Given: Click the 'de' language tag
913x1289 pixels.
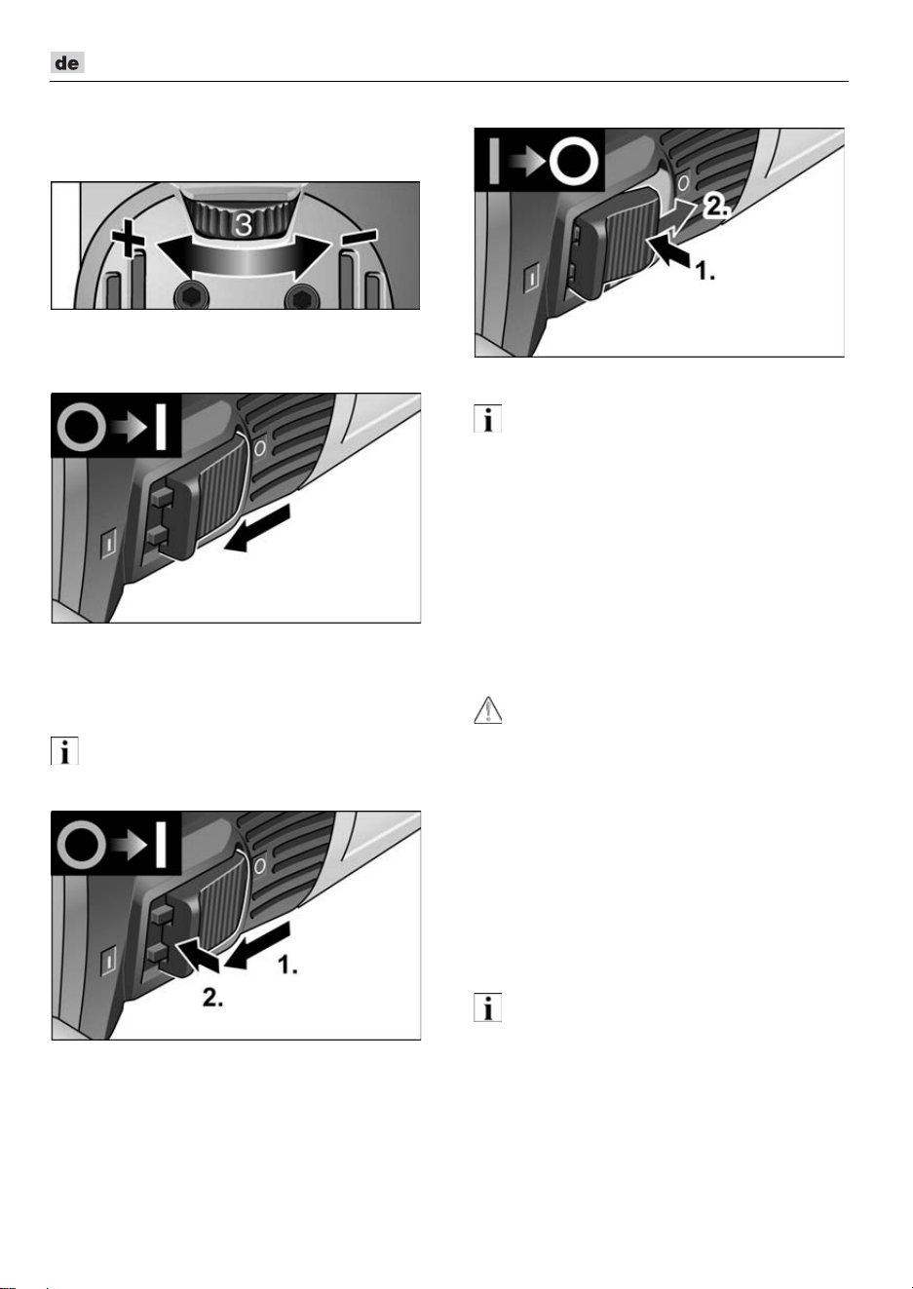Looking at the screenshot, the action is click(x=67, y=62).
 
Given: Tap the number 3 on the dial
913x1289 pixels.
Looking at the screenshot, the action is click(x=244, y=226).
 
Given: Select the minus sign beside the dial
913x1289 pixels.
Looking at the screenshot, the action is click(x=360, y=237).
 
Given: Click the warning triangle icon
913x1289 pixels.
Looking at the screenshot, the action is click(x=487, y=709).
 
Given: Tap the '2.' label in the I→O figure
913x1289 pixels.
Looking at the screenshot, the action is click(x=714, y=206).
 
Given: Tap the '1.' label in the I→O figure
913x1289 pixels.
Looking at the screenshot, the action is click(x=705, y=271).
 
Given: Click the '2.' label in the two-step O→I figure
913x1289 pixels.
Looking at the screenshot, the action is click(x=212, y=998).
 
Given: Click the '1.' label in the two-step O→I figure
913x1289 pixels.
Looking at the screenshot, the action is click(x=287, y=965).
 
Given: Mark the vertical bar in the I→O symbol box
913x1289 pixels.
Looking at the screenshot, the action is click(x=494, y=161).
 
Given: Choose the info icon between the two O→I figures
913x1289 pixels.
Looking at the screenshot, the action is click(x=64, y=750).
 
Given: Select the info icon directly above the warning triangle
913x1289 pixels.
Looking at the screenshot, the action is click(x=487, y=418).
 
